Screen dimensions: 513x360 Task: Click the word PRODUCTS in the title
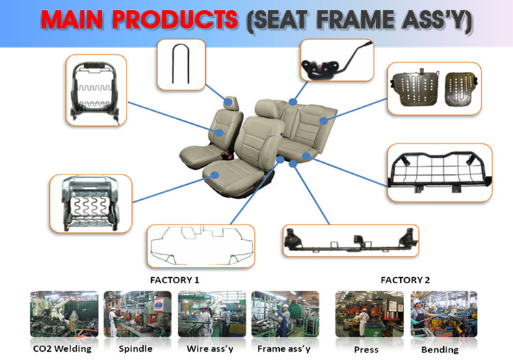pyautogui.click(x=174, y=19)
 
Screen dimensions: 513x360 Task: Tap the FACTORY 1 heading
pyautogui.click(x=174, y=280)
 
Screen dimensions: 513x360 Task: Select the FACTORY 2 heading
pyautogui.click(x=405, y=280)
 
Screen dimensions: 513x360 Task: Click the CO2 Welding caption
pyautogui.click(x=62, y=349)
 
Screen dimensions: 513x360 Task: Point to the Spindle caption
pyautogui.click(x=135, y=349)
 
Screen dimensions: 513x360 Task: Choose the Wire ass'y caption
pyautogui.click(x=210, y=349)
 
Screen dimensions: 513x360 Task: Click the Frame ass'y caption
pyautogui.click(x=284, y=349)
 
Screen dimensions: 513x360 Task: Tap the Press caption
pyautogui.click(x=366, y=350)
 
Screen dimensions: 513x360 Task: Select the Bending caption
pyautogui.click(x=440, y=350)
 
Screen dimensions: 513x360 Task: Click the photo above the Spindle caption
pyautogui.click(x=137, y=314)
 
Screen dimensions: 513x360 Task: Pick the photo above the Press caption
pyautogui.click(x=369, y=314)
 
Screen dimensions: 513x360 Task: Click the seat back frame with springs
pyautogui.click(x=96, y=90)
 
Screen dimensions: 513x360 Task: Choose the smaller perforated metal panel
pyautogui.click(x=460, y=89)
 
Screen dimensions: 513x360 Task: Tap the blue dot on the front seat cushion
pyautogui.click(x=214, y=175)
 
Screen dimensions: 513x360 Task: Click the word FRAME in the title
pyautogui.click(x=355, y=20)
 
